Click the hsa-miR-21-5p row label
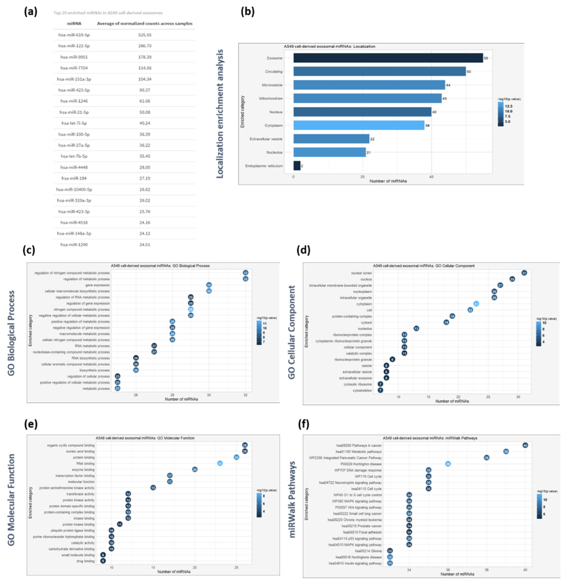pos(74,112)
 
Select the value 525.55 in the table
pos(145,35)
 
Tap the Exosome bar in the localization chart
pos(388,58)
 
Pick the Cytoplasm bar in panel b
pos(359,125)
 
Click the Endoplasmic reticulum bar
pos(297,166)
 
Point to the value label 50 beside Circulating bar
pos(469,72)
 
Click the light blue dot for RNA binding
pos(220,463)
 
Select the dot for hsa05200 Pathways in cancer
pos(525,445)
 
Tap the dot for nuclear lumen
pos(524,273)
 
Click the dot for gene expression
pos(209,285)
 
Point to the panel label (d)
pos(303,250)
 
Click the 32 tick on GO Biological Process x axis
pos(245,395)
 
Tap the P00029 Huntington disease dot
pos(448,464)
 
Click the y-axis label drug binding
pos(86,561)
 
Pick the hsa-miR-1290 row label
pos(74,245)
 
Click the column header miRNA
pos(74,23)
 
